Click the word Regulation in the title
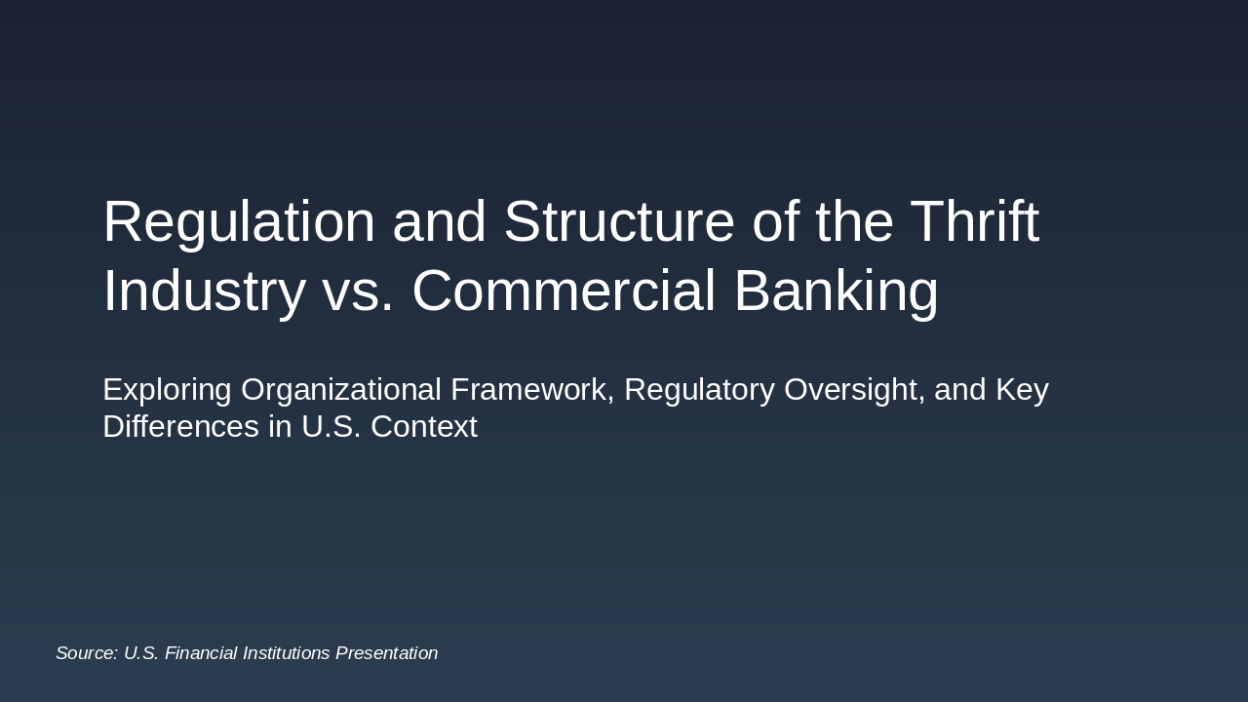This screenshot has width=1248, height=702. pyautogui.click(x=238, y=221)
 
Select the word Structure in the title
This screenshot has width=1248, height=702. pyautogui.click(x=618, y=221)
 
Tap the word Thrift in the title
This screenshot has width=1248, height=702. pyautogui.click(x=974, y=221)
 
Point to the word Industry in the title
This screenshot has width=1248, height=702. pyautogui.click(x=204, y=291)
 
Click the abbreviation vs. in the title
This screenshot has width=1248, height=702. pyautogui.click(x=358, y=291)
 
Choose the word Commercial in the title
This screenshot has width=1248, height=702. pyautogui.click(x=564, y=291)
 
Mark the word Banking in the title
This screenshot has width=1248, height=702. pyautogui.click(x=836, y=291)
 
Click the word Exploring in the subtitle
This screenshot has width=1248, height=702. pyautogui.click(x=167, y=389)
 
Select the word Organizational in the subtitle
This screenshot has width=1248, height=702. pyautogui.click(x=341, y=389)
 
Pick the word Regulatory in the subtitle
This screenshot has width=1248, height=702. pyautogui.click(x=699, y=389)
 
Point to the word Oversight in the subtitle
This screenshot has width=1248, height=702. pyautogui.click(x=854, y=389)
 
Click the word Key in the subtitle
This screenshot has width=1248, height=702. pyautogui.click(x=1022, y=389)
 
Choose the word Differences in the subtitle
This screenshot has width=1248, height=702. pyautogui.click(x=180, y=426)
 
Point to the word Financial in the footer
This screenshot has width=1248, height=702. pyautogui.click(x=199, y=653)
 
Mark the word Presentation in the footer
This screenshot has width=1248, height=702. pyautogui.click(x=387, y=653)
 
